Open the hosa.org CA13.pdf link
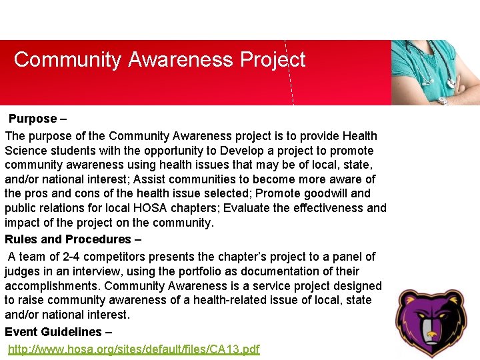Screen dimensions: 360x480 (134, 349)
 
